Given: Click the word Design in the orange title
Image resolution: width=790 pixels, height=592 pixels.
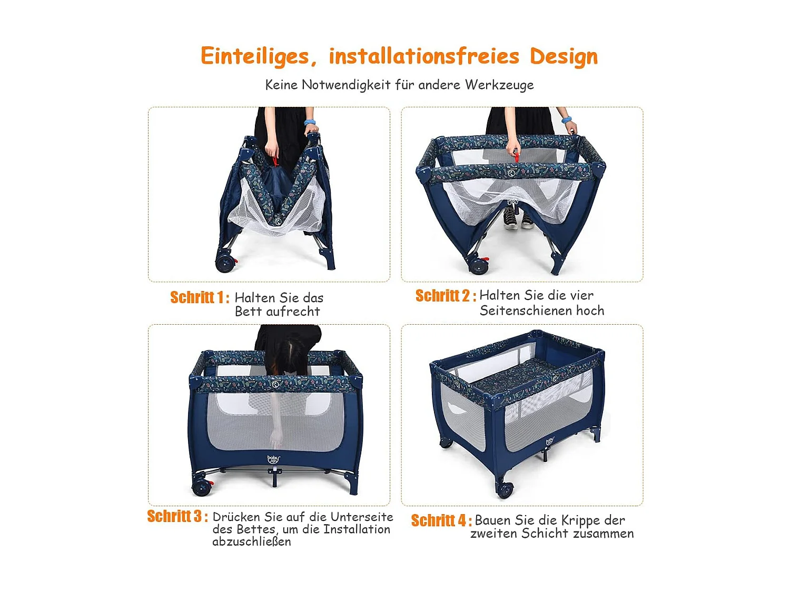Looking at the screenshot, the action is point(564,57).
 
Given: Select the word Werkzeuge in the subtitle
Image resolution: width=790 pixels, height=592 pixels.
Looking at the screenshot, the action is point(499,85).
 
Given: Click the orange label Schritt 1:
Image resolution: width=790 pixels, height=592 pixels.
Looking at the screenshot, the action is point(200,297).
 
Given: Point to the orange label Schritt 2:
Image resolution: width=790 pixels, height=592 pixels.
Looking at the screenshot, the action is point(446,295).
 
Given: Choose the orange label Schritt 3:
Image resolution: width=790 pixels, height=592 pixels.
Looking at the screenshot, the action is point(177,516).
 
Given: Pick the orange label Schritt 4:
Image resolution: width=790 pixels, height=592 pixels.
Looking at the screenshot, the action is point(441,520).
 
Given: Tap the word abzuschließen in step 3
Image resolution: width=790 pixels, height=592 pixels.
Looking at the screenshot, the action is point(252,541).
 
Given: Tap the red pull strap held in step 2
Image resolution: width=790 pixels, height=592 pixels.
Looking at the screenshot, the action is point(517,157).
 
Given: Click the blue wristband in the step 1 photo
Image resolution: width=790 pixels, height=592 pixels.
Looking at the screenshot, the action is point(310,122).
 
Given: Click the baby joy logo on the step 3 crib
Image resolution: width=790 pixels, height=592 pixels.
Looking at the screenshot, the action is point(273,459).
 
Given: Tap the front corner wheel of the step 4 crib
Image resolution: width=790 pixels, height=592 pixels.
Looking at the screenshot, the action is point(505,489).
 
